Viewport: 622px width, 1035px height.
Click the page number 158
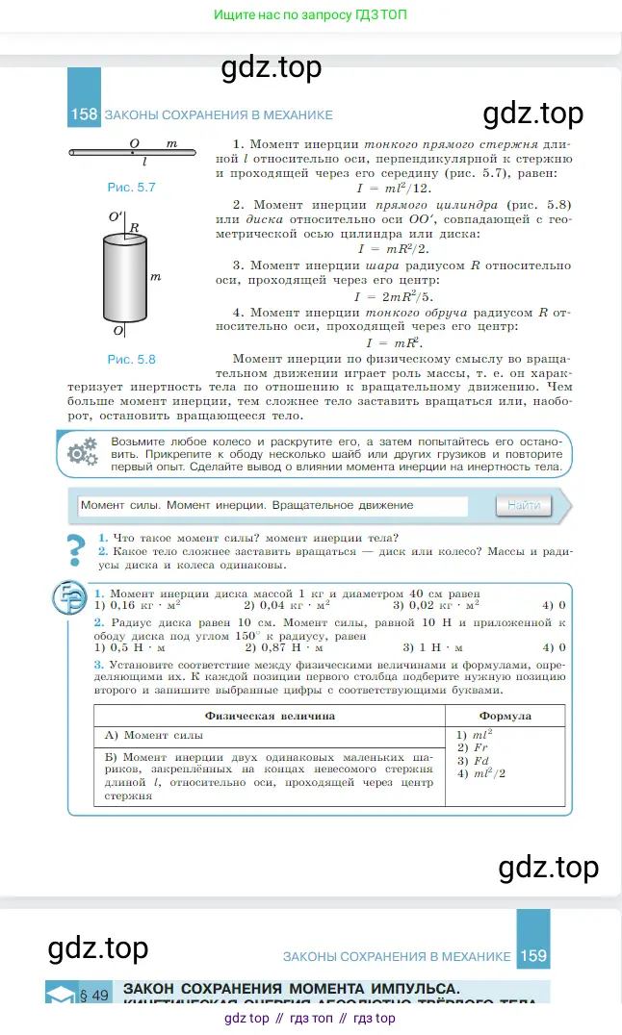click(x=85, y=114)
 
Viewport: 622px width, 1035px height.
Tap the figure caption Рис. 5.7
click(x=132, y=188)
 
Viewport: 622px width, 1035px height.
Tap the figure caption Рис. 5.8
click(x=132, y=359)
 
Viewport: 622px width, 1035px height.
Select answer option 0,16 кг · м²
click(x=143, y=606)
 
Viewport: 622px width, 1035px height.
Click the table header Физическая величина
click(x=270, y=716)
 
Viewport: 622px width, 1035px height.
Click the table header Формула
click(x=505, y=716)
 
